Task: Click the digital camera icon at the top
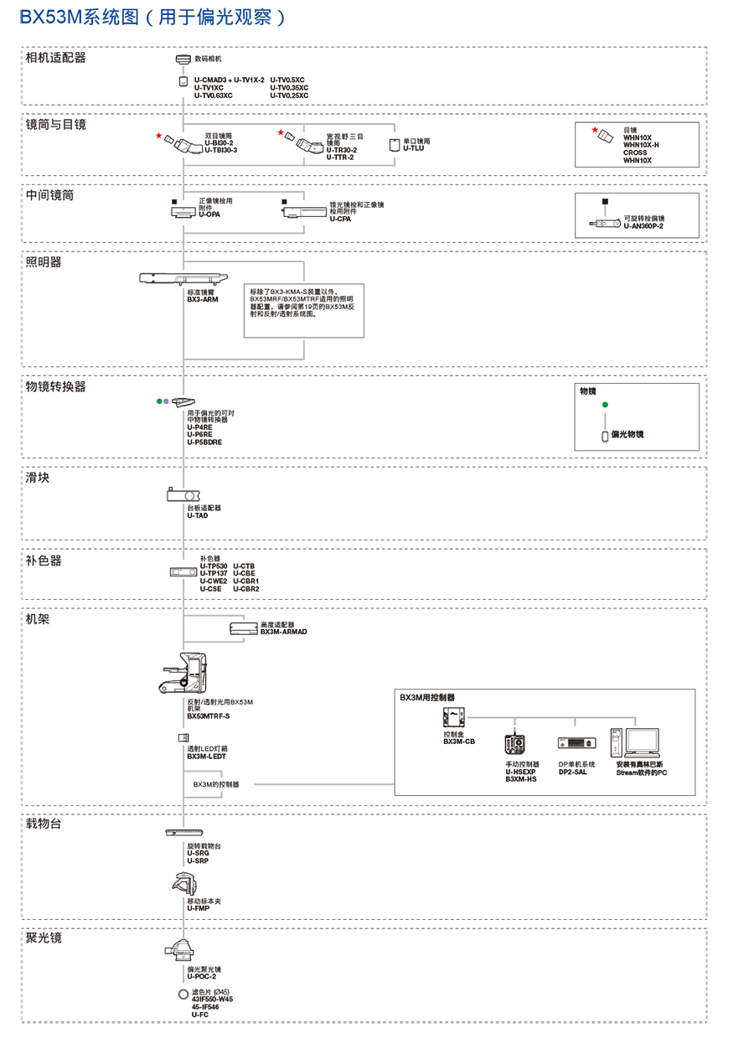pyautogui.click(x=183, y=59)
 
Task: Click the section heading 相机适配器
pyautogui.click(x=56, y=58)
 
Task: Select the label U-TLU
pyautogui.click(x=416, y=148)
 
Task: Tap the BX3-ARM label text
pyautogui.click(x=202, y=298)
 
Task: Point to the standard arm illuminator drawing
pyautogui.click(x=183, y=278)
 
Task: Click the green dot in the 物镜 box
pyautogui.click(x=605, y=405)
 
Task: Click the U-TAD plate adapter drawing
pyautogui.click(x=183, y=495)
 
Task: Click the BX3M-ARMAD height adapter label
pyautogui.click(x=283, y=632)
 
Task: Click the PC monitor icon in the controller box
pyautogui.click(x=642, y=742)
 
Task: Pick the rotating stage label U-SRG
pyautogui.click(x=198, y=853)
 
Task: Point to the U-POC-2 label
pyautogui.click(x=201, y=977)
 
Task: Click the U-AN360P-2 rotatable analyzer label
pyautogui.click(x=643, y=226)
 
